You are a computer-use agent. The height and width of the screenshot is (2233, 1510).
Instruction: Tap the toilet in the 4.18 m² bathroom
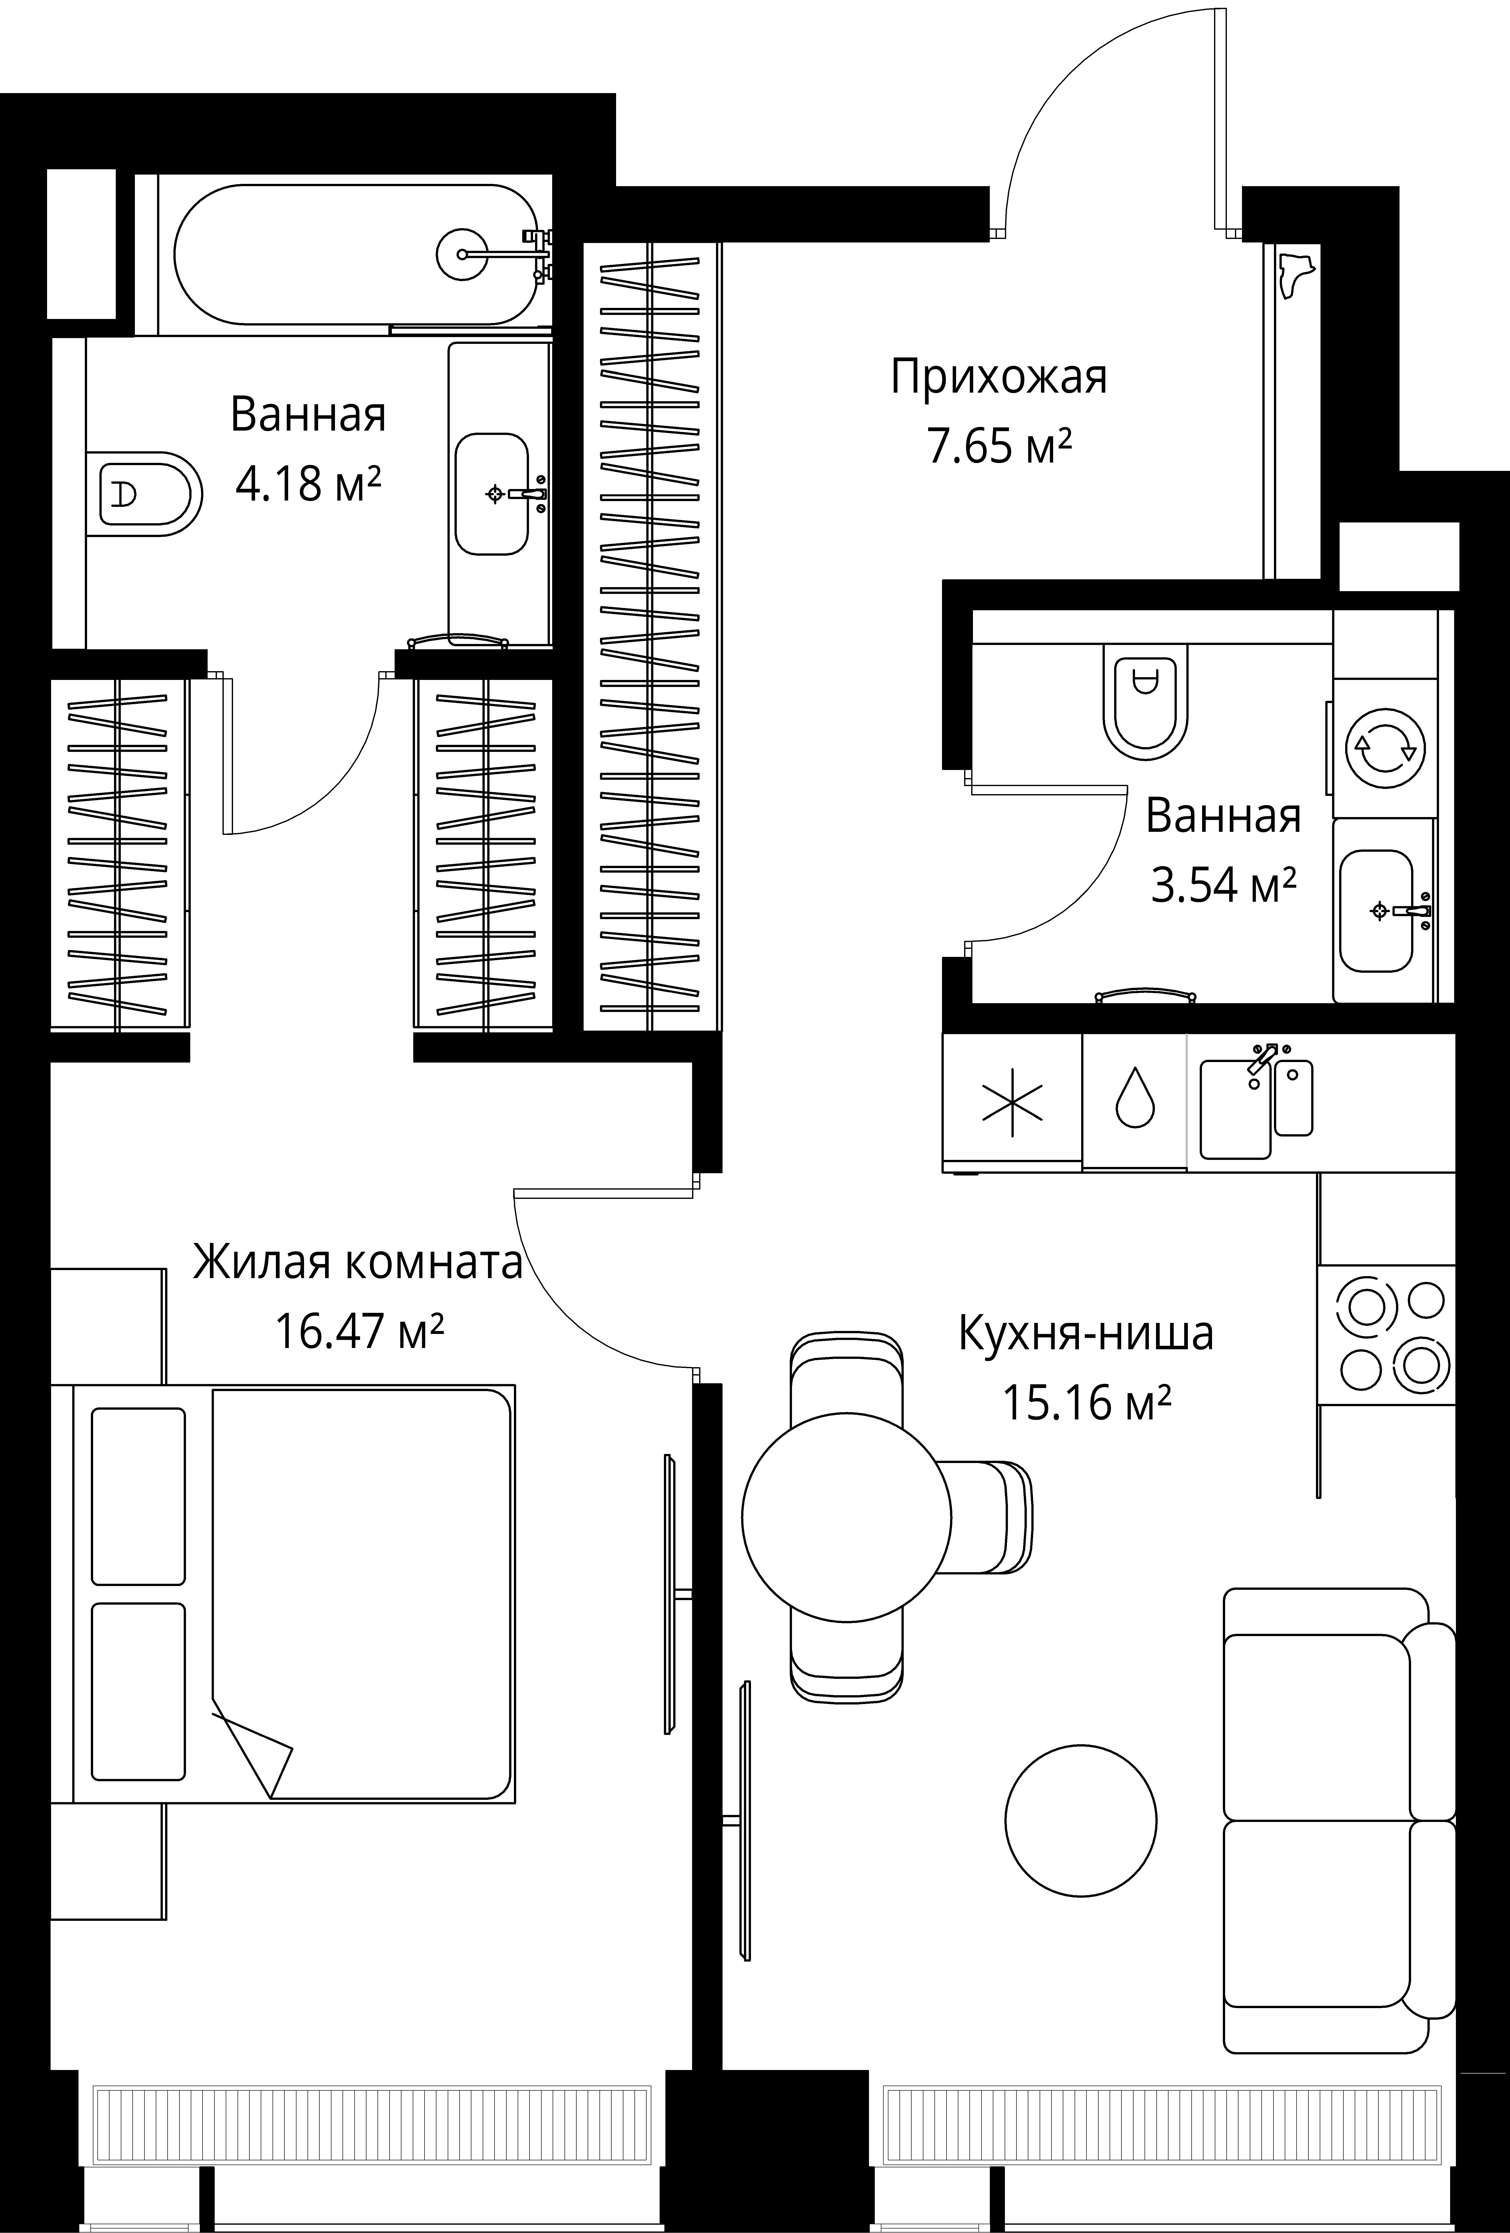pos(149,494)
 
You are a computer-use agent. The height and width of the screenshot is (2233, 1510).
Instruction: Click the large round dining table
pos(846,1518)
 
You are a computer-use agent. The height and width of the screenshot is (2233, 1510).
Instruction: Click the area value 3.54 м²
pos(1223,885)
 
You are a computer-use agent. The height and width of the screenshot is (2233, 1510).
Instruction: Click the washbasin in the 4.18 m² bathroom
pos(491,494)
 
